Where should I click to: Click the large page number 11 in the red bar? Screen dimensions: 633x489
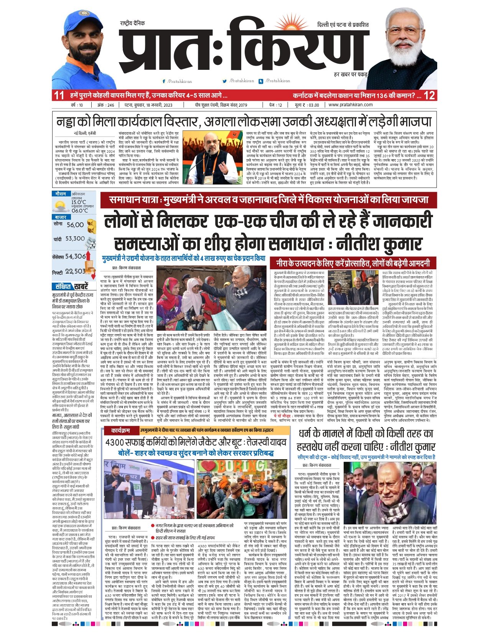59,95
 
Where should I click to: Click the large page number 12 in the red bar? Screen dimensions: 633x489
430,95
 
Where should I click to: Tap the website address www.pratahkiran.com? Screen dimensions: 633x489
351,105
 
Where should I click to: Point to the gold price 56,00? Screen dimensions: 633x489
75,225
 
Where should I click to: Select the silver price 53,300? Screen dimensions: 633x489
75,239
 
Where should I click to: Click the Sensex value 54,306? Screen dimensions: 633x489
75,256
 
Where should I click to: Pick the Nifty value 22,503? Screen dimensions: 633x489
75,271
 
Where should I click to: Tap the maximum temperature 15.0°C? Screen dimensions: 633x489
79,202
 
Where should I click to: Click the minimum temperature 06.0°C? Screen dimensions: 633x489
79,211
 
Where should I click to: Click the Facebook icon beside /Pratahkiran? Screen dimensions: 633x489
164,81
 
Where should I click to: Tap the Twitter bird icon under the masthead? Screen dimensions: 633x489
225,81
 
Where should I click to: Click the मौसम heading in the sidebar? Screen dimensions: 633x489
61,194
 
